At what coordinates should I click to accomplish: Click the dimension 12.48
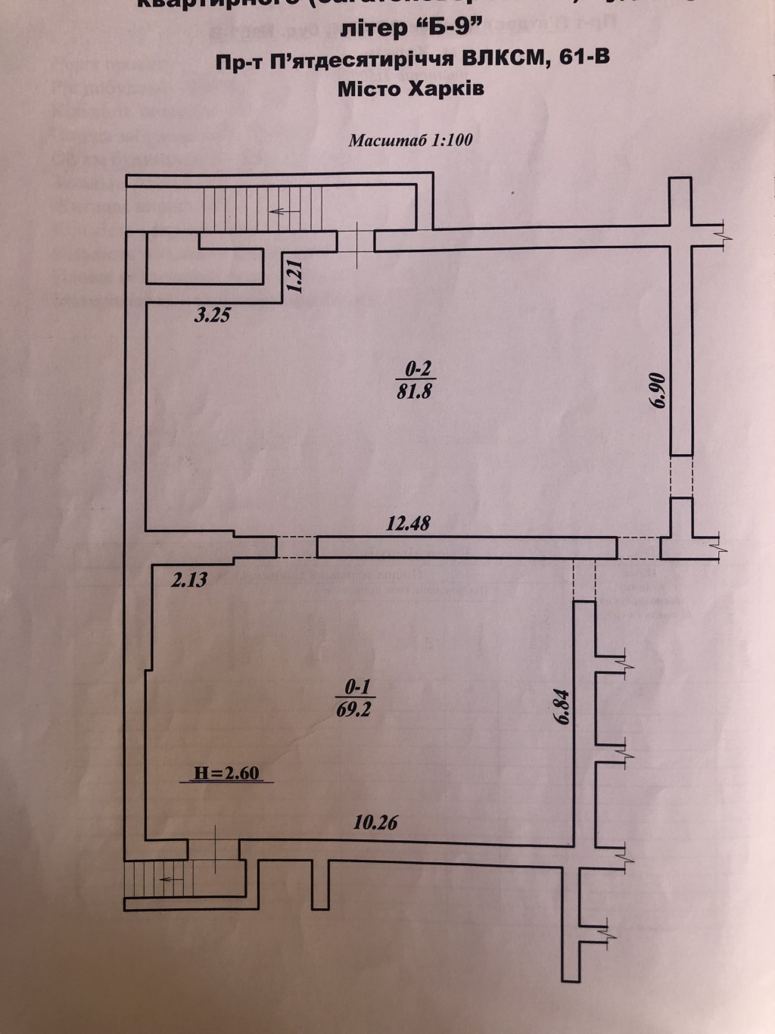coord(409,523)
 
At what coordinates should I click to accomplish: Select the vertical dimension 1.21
coord(296,276)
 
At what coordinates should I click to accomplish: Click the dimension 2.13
coord(189,581)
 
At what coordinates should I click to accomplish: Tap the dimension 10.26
coord(376,822)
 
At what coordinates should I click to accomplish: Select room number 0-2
coord(418,369)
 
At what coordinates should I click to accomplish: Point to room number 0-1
coord(356,687)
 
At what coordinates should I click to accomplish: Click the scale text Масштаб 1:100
coord(411,140)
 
